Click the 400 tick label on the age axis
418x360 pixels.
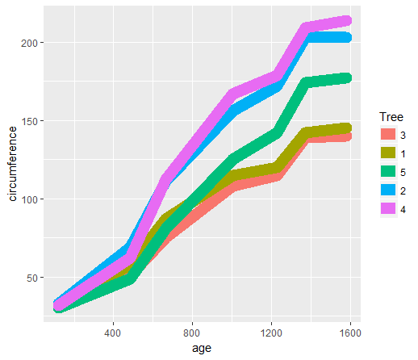(113, 332)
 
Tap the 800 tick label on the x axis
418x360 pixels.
(192, 332)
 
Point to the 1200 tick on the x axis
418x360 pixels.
(271, 332)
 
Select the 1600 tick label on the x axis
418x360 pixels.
(350, 332)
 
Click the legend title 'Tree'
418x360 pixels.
(391, 117)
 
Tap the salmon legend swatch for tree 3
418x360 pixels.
(389, 134)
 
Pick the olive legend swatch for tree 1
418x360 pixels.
(389, 153)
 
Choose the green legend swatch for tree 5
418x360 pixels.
(389, 172)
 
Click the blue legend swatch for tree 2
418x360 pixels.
(389, 190)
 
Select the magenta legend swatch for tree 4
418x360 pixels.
(389, 210)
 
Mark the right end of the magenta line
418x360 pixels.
(348, 21)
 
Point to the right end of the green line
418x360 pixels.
(348, 77)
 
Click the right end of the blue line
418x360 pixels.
(348, 38)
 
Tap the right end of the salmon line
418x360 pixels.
(348, 136)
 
